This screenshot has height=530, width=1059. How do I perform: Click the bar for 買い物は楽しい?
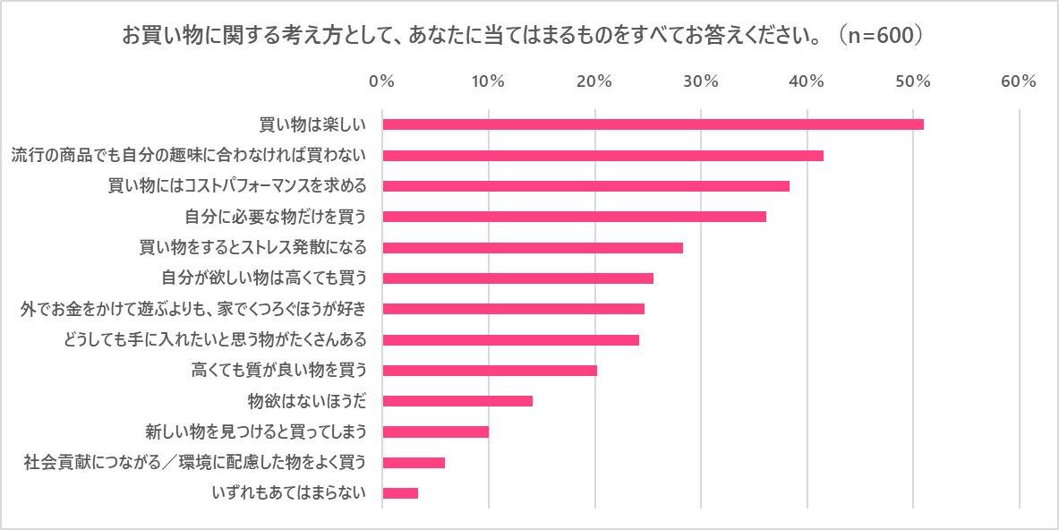click(653, 124)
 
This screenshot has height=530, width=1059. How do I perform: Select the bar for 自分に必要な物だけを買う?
click(574, 217)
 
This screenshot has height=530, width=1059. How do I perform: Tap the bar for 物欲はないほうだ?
click(457, 401)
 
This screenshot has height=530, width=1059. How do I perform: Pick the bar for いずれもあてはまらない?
click(400, 493)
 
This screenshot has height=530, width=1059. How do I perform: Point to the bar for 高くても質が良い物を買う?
click(490, 371)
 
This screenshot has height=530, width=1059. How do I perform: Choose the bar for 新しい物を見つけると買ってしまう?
click(435, 432)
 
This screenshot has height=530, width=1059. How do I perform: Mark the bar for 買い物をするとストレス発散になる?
click(533, 248)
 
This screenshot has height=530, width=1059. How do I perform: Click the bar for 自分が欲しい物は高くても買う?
click(517, 278)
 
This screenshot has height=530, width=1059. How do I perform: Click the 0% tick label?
click(382, 81)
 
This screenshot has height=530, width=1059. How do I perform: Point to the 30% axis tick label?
click(701, 81)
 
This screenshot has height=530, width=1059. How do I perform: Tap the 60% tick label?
click(1019, 81)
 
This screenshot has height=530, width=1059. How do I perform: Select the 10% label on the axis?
click(488, 81)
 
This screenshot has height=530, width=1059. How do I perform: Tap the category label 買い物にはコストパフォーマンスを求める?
click(237, 186)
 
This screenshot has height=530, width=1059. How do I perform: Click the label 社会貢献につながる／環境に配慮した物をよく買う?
click(195, 463)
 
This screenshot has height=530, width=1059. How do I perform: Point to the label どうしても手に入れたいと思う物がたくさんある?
click(216, 340)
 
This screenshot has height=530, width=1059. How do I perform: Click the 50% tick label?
click(912, 81)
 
